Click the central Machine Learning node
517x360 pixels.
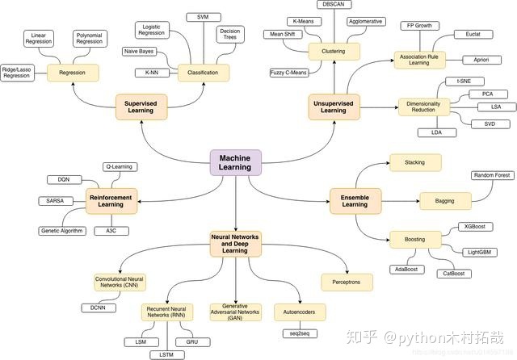tap(235, 162)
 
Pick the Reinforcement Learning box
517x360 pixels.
tap(112, 200)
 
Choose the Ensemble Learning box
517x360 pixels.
tap(355, 199)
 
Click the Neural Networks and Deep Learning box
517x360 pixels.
tap(235, 244)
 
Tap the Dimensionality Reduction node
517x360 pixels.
tap(422, 106)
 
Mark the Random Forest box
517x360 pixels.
tap(493, 176)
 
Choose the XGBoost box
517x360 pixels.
tap(473, 227)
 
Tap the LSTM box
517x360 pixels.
tap(166, 354)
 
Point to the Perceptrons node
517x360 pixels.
tap(347, 282)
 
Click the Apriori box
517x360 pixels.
tap(481, 60)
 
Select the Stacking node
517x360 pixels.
tap(415, 162)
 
